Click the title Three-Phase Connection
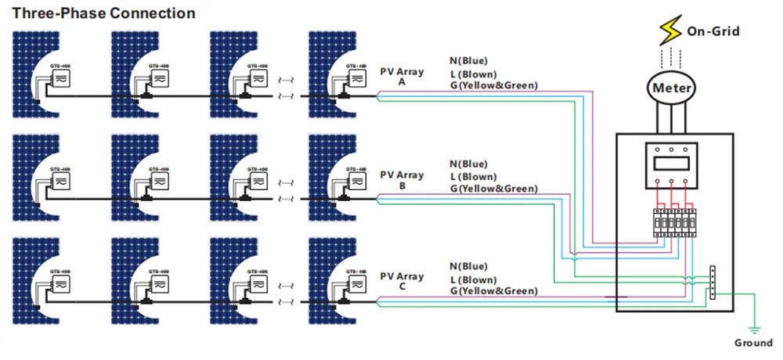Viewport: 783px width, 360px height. [103, 13]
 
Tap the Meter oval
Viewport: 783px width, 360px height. [672, 88]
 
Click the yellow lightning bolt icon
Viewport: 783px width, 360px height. [671, 31]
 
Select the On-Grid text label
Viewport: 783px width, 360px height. [713, 31]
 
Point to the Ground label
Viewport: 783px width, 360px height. [752, 343]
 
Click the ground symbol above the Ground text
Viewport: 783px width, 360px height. [752, 329]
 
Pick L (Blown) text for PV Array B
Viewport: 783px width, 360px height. [473, 176]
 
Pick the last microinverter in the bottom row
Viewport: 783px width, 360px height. [356, 283]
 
